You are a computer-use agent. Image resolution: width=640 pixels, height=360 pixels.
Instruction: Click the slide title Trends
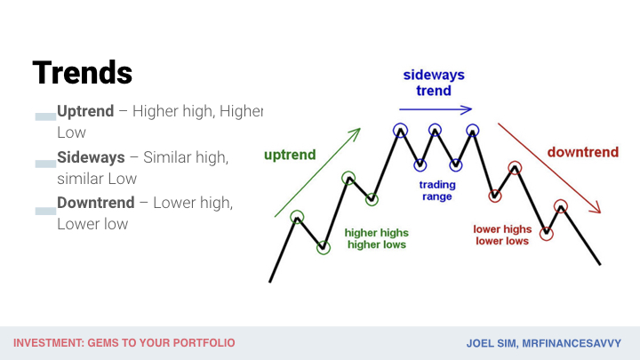[x=83, y=73]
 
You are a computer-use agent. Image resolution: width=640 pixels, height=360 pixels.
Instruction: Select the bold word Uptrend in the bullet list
[x=85, y=111]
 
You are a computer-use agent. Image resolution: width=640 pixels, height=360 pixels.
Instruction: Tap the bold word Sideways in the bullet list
[x=91, y=157]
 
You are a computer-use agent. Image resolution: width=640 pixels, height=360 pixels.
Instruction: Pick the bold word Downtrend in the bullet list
[x=96, y=203]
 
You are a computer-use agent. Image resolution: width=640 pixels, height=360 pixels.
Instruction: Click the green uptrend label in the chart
[x=290, y=155]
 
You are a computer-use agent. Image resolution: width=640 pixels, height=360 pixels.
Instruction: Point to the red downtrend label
[x=583, y=152]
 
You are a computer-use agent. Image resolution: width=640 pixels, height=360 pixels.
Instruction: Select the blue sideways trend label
[x=434, y=83]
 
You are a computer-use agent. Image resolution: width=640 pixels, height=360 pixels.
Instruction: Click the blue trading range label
[x=437, y=190]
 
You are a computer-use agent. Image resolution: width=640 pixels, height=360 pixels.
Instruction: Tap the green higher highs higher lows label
[x=376, y=238]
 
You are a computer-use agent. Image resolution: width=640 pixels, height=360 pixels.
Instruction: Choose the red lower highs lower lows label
[x=502, y=235]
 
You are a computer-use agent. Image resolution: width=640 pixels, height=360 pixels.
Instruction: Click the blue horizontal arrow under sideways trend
[x=436, y=109]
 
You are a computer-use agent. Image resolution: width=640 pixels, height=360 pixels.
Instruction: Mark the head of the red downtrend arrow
[x=596, y=208]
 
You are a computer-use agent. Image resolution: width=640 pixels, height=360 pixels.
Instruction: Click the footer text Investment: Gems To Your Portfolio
[x=124, y=343]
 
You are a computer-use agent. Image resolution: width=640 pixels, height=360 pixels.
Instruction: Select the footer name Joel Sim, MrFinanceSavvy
[x=544, y=343]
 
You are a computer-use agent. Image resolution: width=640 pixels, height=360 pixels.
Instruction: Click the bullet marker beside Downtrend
[x=45, y=211]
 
